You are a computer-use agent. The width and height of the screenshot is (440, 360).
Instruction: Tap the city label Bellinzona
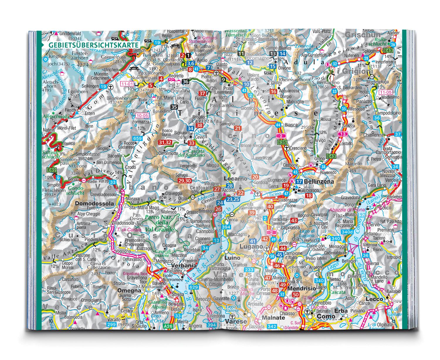(x=319, y=181)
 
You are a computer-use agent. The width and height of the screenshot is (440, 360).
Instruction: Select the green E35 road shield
(x=282, y=142)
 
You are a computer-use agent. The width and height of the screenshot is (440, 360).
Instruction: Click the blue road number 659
(x=137, y=138)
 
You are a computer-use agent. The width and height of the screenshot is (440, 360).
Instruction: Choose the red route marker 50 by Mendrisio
(x=296, y=295)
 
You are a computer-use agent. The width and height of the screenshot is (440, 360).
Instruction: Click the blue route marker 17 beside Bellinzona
(x=299, y=181)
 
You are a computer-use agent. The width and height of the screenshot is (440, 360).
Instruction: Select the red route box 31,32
(x=165, y=142)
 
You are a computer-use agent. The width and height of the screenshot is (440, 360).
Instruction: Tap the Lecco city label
(x=375, y=299)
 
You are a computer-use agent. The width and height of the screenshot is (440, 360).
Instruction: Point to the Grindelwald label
(x=70, y=33)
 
